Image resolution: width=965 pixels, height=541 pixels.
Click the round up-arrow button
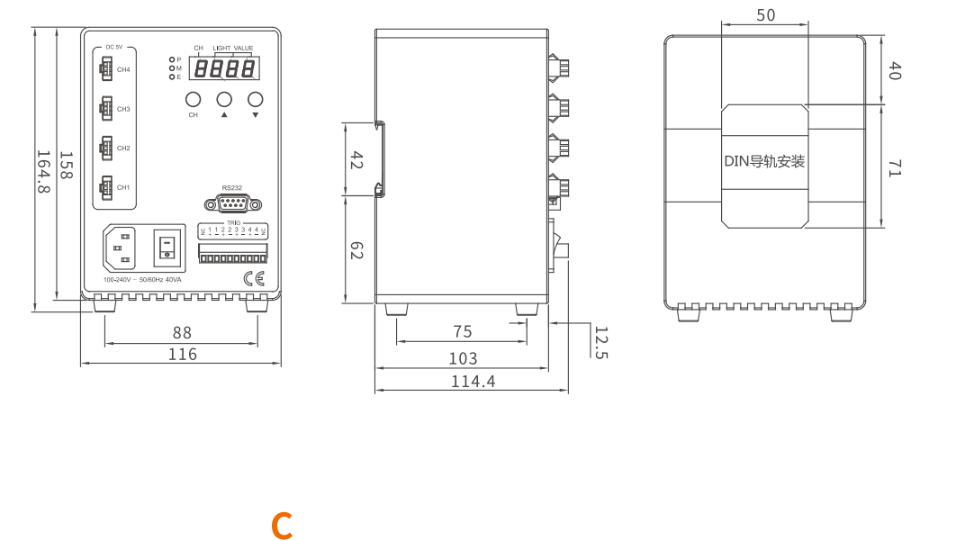(x=224, y=99)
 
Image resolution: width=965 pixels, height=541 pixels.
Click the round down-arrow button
(x=256, y=99)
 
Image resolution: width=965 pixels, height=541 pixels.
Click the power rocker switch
(x=166, y=248)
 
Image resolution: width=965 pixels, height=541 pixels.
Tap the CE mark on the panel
(x=255, y=278)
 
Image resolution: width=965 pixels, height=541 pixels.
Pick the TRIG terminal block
(x=232, y=253)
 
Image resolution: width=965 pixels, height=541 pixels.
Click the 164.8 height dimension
(x=42, y=171)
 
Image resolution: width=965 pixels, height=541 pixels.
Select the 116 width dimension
(x=182, y=354)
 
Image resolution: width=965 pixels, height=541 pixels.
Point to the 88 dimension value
(x=182, y=333)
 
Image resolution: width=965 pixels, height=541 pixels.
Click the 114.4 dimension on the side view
(x=473, y=381)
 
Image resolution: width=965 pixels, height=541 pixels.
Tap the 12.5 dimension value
(x=600, y=342)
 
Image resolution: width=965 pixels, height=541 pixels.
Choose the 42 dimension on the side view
(x=356, y=160)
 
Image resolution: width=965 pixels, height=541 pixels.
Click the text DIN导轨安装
(x=764, y=162)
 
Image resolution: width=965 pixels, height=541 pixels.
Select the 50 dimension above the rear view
(x=766, y=15)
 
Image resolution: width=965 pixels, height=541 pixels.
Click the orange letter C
(x=282, y=526)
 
